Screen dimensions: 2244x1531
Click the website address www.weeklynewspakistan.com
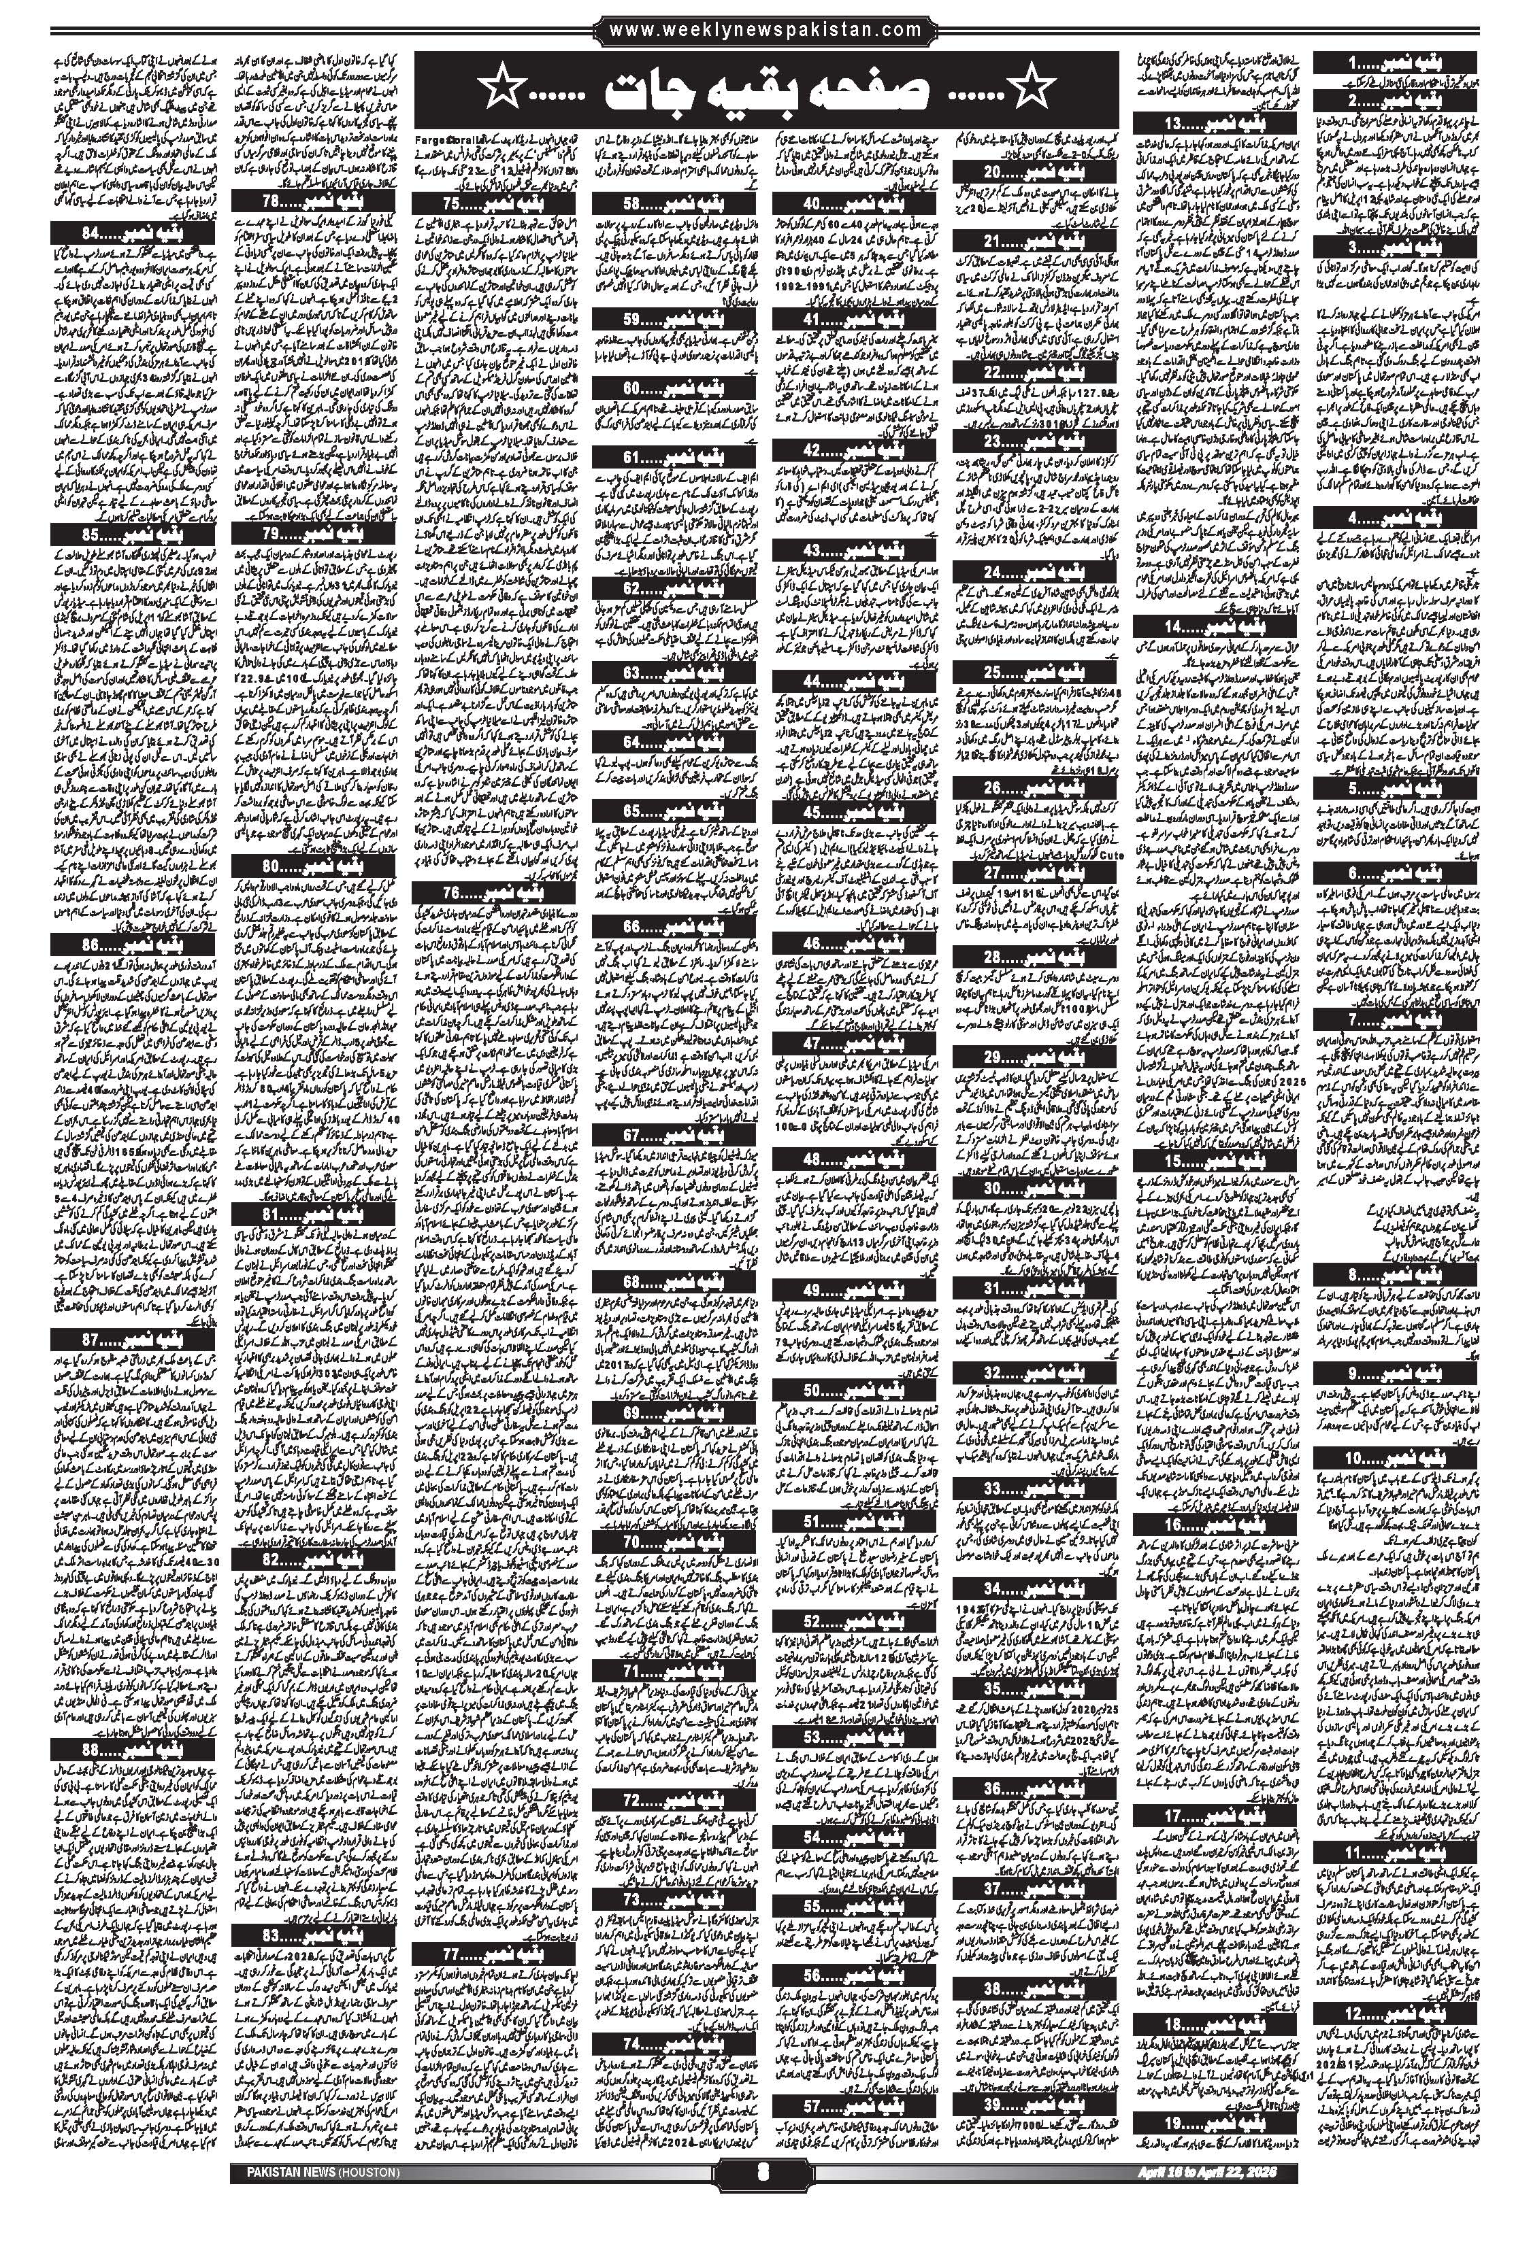(765, 31)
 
